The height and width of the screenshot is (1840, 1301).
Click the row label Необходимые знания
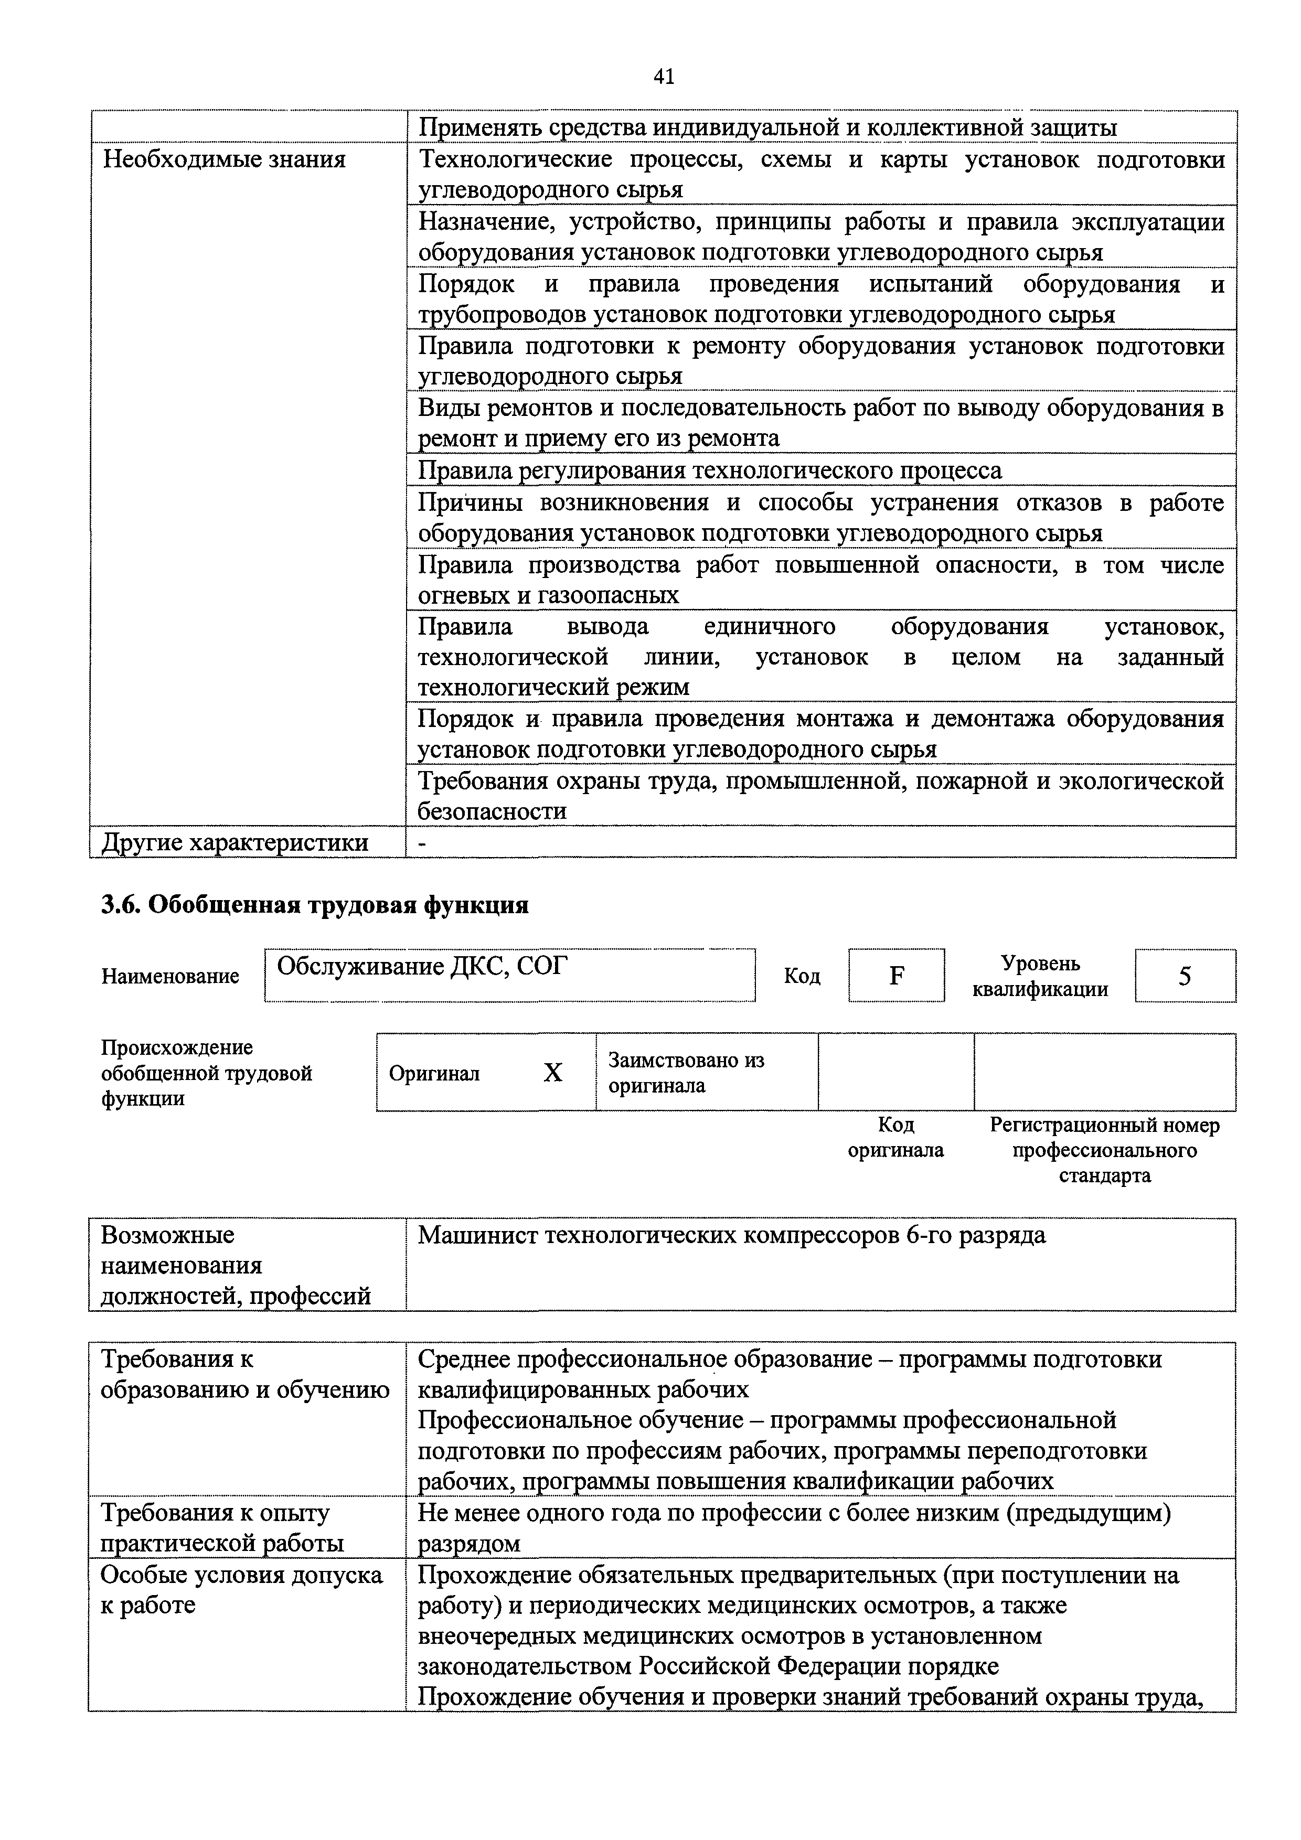[225, 159]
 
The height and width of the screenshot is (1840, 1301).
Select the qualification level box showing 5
[1184, 975]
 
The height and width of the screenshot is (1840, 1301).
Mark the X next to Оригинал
[552, 1072]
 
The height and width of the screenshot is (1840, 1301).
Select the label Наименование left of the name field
[170, 976]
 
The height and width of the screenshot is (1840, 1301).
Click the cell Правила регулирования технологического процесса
[709, 470]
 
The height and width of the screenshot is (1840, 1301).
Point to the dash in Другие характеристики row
[422, 843]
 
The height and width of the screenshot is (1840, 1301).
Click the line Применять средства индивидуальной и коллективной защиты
[767, 127]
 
